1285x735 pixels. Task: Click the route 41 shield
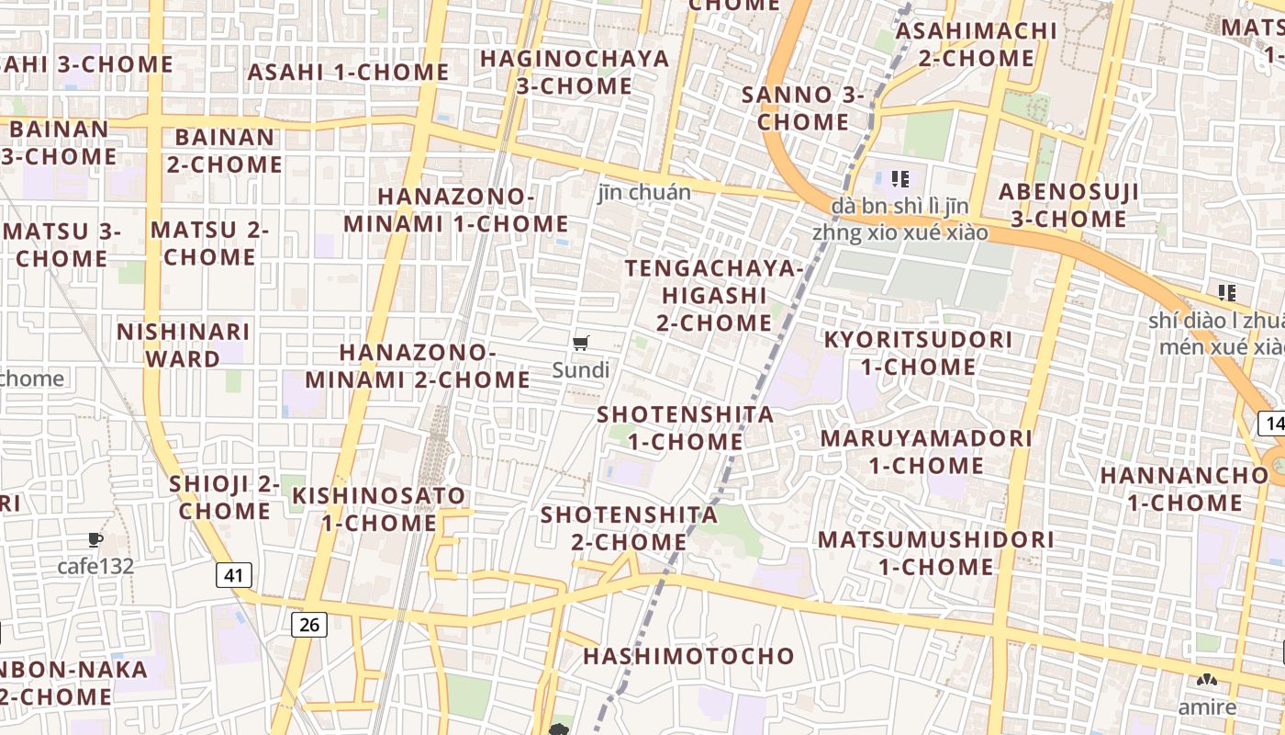point(234,576)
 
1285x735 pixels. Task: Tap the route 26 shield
point(309,625)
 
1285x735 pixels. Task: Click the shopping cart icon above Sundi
point(580,344)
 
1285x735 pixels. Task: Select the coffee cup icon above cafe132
point(95,539)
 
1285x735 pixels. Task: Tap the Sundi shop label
point(580,370)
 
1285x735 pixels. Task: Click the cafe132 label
point(95,566)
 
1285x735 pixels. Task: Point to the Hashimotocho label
point(688,656)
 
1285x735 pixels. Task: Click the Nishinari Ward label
point(183,345)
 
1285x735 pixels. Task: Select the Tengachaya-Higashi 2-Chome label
point(714,295)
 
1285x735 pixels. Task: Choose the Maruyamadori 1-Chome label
point(926,451)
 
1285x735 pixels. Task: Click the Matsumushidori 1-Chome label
point(936,552)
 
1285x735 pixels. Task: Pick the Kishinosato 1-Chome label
point(379,509)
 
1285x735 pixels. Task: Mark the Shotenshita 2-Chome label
point(629,527)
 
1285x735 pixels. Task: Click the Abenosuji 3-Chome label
point(1068,205)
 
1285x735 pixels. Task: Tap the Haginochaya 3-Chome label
point(575,72)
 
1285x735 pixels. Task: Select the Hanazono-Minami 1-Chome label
point(456,209)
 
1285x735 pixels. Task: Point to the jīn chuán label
point(644,193)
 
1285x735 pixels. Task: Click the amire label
point(1208,707)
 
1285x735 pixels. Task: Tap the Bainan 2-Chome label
point(224,151)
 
